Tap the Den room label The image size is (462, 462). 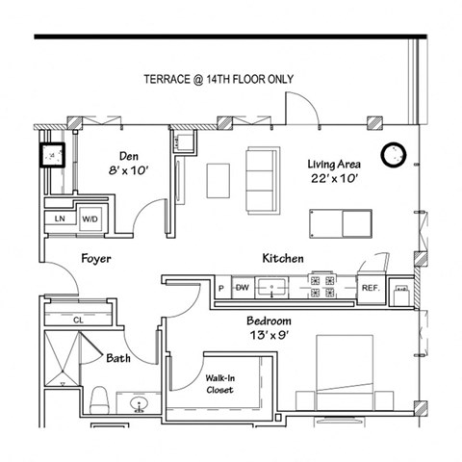coord(130,156)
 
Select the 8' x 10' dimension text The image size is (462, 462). coord(130,171)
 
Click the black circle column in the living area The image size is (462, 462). coord(394,154)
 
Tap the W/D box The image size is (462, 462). coord(90,219)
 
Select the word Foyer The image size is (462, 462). coord(95,259)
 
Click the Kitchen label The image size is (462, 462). coord(283,259)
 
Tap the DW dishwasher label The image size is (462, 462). coord(242,287)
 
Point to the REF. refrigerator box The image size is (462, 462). coord(370,287)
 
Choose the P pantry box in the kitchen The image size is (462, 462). coord(220,287)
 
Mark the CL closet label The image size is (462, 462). coord(78,320)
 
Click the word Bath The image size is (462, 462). coord(118,357)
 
